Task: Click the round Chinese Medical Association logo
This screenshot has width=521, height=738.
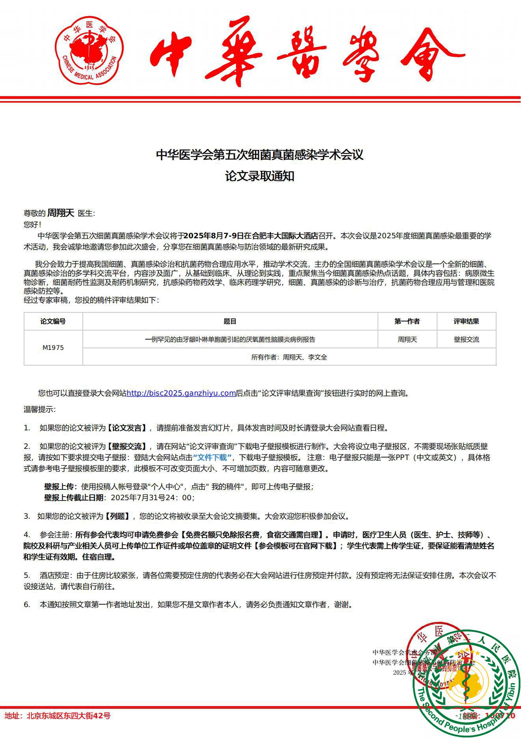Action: tap(89, 50)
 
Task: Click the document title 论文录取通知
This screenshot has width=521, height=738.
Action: tap(260, 176)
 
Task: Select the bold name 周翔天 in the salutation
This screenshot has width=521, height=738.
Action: tap(61, 213)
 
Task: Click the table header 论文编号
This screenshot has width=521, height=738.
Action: tap(53, 321)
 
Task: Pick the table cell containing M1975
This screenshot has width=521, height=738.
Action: tap(53, 348)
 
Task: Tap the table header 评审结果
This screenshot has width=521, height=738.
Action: tap(466, 321)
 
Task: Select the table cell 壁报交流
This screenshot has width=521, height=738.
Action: tap(466, 339)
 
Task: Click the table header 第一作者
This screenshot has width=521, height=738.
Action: tap(407, 321)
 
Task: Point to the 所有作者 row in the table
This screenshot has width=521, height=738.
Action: tap(289, 357)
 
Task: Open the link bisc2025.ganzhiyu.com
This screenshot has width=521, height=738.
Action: tap(181, 393)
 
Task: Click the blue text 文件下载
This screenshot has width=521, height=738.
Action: tap(212, 458)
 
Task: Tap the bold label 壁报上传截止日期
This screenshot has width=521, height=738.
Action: tap(74, 498)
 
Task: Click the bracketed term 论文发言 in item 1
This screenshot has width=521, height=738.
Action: tap(127, 428)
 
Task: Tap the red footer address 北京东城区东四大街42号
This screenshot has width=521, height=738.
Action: tap(69, 716)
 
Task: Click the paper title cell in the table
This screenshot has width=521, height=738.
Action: tap(230, 339)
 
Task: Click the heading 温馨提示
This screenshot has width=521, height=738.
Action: tap(39, 409)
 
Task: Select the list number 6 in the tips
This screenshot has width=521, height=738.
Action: tap(27, 604)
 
